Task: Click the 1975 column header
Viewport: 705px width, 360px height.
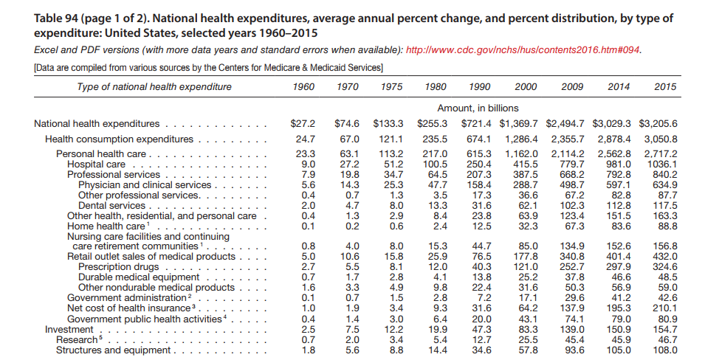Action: coord(391,87)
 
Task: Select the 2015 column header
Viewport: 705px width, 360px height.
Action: coord(664,87)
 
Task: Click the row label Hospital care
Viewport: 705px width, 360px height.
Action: coord(96,164)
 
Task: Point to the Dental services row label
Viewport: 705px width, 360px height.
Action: coord(111,205)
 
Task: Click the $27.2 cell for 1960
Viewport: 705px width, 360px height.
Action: coord(303,123)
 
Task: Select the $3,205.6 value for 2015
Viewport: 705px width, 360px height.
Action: coord(658,123)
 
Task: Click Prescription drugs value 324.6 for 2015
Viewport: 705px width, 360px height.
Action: coord(664,266)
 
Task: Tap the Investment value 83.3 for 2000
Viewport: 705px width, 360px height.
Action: coord(527,328)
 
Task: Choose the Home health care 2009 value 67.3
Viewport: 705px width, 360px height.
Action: coord(573,226)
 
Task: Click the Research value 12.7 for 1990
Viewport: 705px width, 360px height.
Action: coord(481,339)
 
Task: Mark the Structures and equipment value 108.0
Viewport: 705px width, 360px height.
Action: coord(664,350)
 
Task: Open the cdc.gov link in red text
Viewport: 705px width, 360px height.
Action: coord(524,49)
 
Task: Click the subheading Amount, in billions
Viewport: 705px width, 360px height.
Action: coord(478,108)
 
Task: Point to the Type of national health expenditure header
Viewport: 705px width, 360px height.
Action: coord(154,87)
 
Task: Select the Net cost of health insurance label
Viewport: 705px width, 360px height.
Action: coord(130,308)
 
